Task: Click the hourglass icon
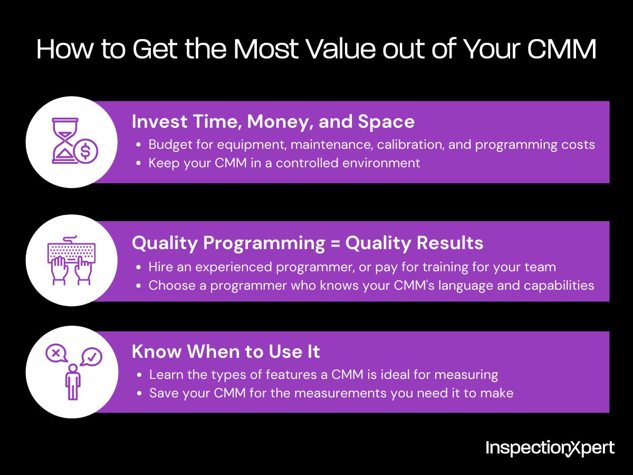click(x=65, y=140)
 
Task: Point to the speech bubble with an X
click(x=56, y=352)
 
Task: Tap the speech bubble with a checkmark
click(x=91, y=357)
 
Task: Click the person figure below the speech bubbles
click(x=73, y=381)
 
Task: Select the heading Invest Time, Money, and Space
click(x=273, y=122)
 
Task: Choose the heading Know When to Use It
click(x=226, y=351)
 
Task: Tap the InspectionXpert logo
click(x=550, y=449)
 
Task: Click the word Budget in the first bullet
click(x=168, y=145)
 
